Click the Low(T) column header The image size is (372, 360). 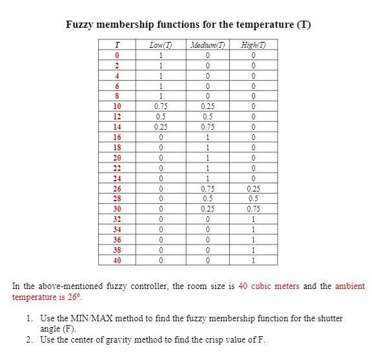pos(160,45)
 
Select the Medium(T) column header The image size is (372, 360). pos(208,45)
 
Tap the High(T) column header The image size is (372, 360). pos(254,45)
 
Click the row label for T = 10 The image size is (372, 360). pos(117,106)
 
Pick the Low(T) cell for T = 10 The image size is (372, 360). pos(160,106)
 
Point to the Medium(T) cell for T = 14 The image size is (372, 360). pos(208,127)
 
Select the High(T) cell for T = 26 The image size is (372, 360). pos(254,188)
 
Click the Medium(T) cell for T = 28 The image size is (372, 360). pos(208,199)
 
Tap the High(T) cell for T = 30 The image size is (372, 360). pos(254,209)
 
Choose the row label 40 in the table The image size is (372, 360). pos(117,261)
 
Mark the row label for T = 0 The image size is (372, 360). pos(117,55)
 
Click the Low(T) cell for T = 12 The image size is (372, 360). pos(160,117)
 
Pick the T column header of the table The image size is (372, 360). pos(117,45)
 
